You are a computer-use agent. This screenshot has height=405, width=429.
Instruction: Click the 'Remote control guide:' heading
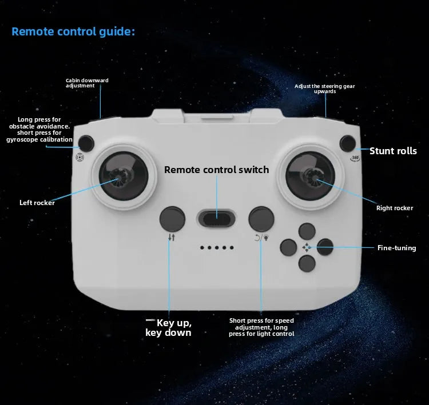click(73, 31)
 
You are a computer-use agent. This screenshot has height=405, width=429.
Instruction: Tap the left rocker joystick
click(124, 176)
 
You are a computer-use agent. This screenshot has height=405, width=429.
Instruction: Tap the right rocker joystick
click(310, 176)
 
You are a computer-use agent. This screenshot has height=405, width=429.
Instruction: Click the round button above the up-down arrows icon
click(172, 219)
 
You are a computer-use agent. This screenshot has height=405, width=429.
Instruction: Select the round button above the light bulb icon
click(261, 219)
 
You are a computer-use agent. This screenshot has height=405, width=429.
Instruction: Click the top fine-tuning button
click(307, 231)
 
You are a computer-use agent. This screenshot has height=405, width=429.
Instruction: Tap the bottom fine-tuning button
click(307, 263)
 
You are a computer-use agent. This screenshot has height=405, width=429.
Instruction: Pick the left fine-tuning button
click(288, 247)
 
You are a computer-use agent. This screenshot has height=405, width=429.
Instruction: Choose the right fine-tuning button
click(325, 247)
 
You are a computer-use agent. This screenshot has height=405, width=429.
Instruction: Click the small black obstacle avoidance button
click(86, 143)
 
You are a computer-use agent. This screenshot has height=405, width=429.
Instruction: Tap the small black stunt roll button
click(347, 143)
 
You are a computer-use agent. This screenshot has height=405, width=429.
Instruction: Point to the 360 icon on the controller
click(355, 158)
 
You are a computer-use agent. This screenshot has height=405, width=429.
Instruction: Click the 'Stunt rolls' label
click(393, 151)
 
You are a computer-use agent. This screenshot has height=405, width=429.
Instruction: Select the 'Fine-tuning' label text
click(397, 248)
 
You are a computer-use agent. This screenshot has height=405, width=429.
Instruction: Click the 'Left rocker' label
click(37, 202)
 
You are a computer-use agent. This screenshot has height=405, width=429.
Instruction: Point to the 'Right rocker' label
click(395, 208)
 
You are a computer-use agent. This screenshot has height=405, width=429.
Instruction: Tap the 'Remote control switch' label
click(216, 170)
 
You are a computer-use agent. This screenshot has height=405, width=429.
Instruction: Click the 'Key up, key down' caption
click(169, 328)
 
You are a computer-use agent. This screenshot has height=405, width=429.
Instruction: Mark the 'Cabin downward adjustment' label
click(87, 83)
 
